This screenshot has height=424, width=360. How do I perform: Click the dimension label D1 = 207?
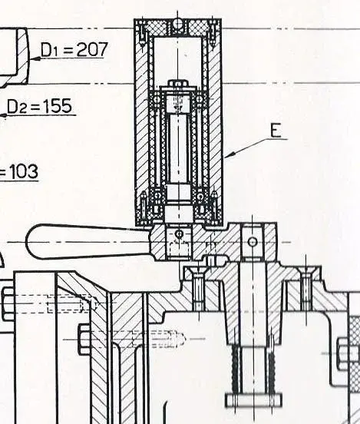(x=74, y=49)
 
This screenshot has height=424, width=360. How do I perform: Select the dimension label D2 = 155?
(x=39, y=106)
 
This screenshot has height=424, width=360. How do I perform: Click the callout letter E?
(x=276, y=131)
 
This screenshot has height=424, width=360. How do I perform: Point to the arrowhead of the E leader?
(x=230, y=155)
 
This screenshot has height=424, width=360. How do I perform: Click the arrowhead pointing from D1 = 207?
(x=35, y=58)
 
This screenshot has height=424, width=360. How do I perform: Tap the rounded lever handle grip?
(x=88, y=242)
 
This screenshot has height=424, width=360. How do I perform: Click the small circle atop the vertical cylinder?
(x=177, y=23)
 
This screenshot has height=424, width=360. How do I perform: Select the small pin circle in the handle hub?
(x=179, y=234)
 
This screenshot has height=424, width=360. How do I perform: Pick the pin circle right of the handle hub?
(x=253, y=241)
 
